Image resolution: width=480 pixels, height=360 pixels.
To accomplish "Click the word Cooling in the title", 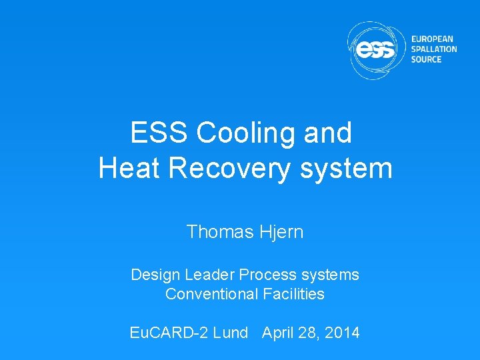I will (x=248, y=133).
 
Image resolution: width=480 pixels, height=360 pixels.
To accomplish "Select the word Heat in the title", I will (x=129, y=167).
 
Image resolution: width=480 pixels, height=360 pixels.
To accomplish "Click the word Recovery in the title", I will (x=231, y=167).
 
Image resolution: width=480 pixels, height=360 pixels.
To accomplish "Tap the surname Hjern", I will (x=283, y=232).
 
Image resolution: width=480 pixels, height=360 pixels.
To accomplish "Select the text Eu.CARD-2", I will (x=169, y=333).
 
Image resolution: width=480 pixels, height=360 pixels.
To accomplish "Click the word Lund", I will (x=230, y=333).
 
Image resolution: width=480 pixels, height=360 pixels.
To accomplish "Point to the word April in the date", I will (x=280, y=333).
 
